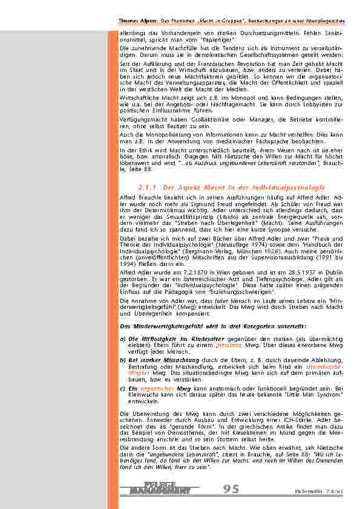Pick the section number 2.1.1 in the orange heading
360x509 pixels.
pos(148,187)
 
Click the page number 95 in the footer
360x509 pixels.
pos(231,488)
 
